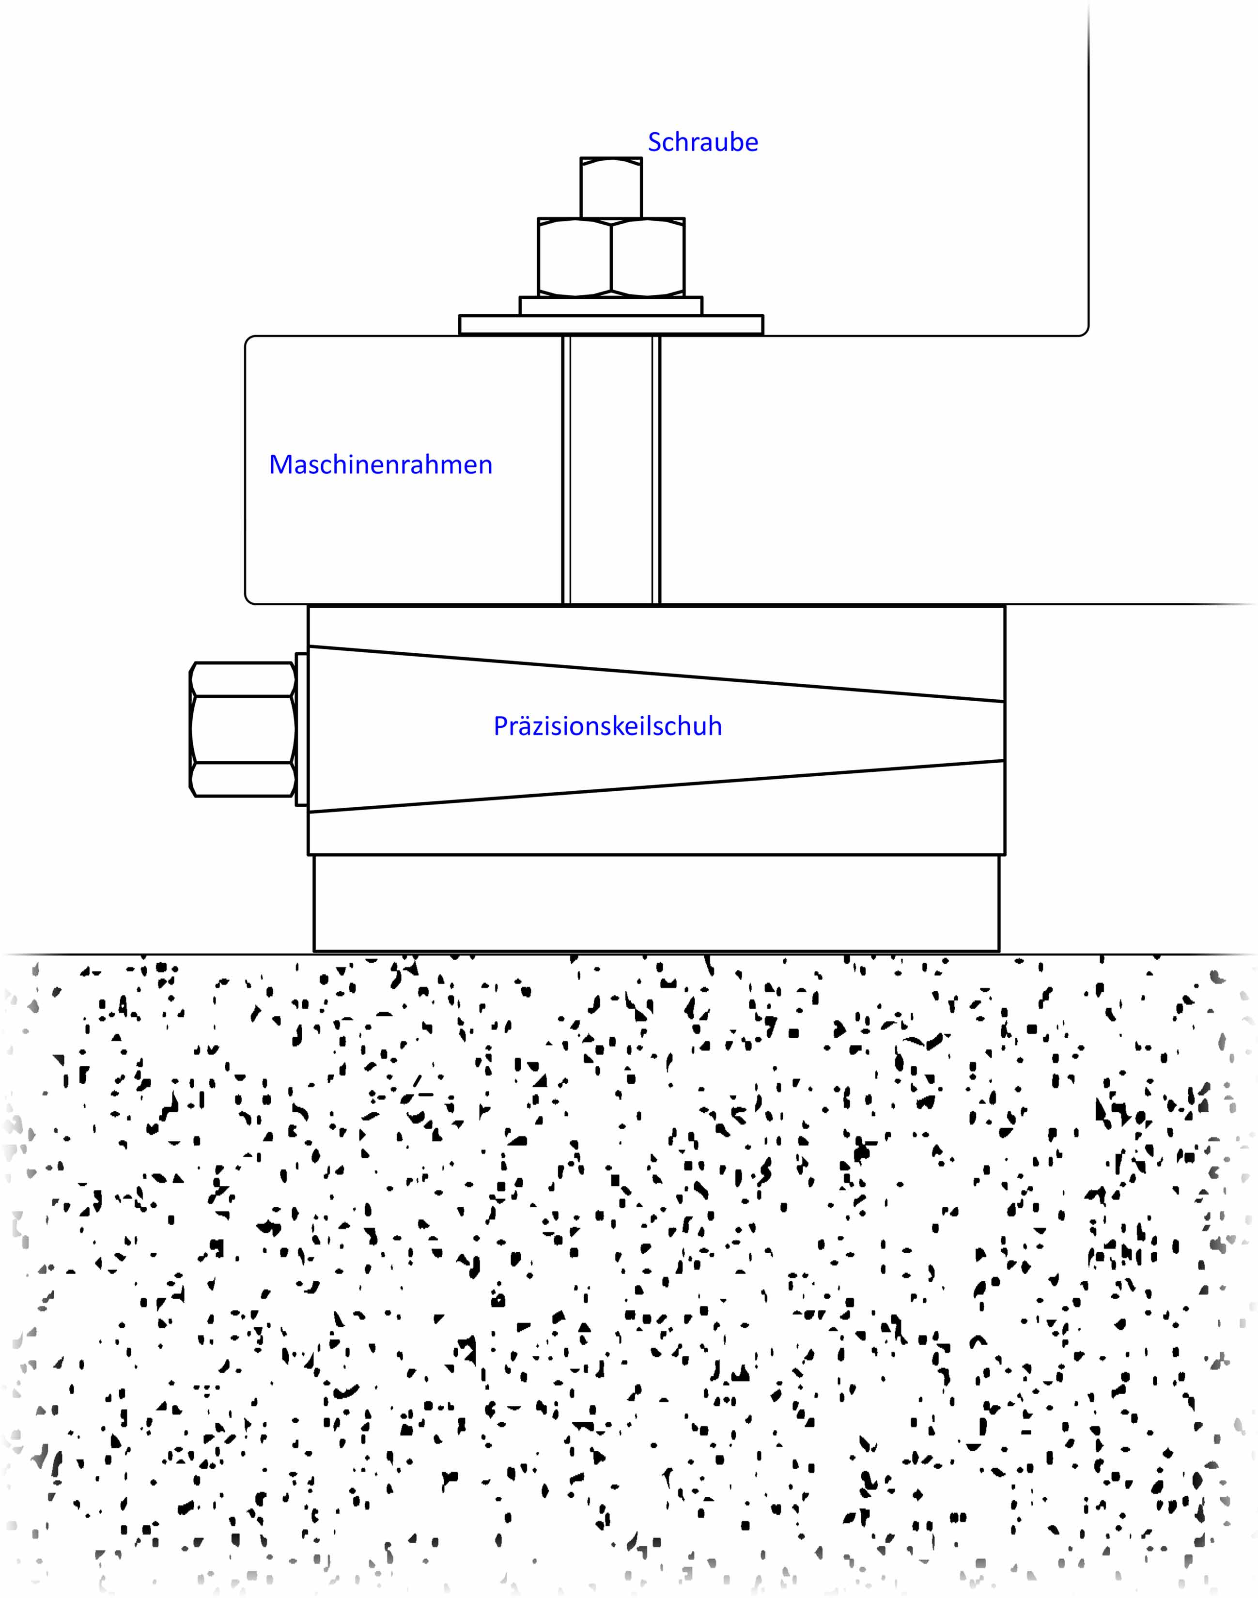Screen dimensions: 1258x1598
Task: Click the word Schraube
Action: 703,142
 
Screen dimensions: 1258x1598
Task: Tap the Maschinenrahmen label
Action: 381,465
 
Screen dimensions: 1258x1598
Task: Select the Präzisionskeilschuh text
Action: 607,726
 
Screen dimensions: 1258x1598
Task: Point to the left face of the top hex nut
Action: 575,257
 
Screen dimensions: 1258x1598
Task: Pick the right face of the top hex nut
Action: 648,257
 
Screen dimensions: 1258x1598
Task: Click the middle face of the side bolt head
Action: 243,729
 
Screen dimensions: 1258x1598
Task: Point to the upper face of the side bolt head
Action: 243,679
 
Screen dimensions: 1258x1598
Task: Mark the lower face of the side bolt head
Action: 243,779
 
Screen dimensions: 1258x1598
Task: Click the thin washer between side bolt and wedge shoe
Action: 301,729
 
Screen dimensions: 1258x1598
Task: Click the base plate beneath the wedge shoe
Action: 656,903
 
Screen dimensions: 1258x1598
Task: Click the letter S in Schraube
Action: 654,142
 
